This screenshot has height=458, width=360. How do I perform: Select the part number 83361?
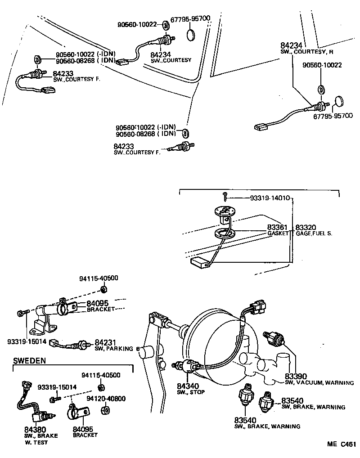point(277,228)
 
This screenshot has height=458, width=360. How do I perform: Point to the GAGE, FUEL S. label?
point(314,234)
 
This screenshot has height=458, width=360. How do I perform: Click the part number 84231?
point(104,342)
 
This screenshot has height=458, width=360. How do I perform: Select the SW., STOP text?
point(191,392)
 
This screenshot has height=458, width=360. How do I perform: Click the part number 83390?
point(295,376)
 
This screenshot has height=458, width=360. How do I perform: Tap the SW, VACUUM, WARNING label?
point(319,383)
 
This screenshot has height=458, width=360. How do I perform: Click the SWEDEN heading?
point(30,361)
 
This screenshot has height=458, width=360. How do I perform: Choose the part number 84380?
point(35,430)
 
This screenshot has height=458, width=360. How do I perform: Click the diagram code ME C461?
point(342,445)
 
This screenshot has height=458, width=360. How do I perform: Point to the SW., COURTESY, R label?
point(307,52)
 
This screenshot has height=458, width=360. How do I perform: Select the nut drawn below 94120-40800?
point(104,410)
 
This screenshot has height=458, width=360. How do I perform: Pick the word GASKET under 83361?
point(277,234)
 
